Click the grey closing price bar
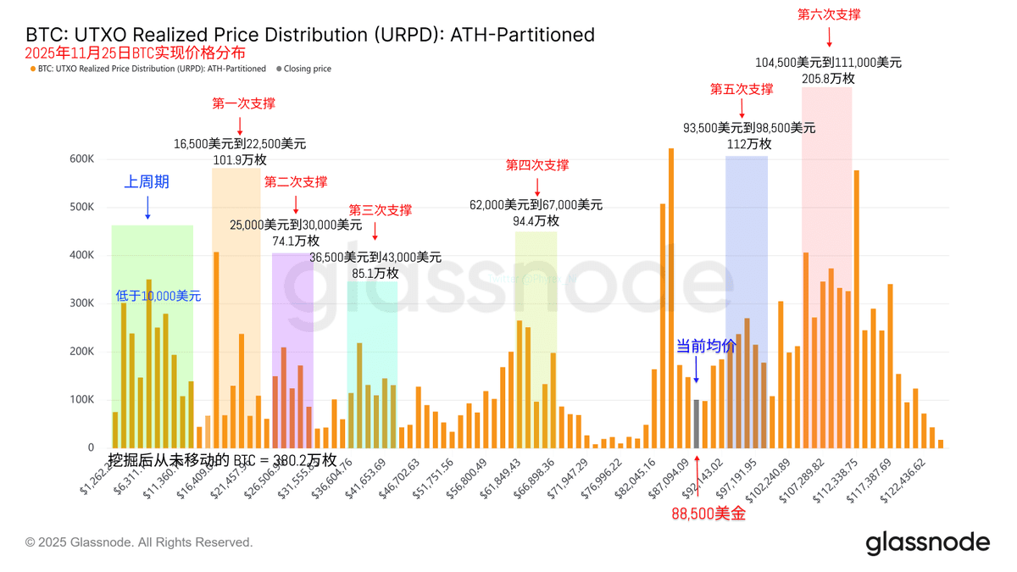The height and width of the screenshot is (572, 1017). click(697, 424)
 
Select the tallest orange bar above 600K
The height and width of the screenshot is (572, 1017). click(671, 297)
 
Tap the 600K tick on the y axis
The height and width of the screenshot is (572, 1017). click(81, 158)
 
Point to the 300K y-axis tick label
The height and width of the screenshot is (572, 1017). click(81, 303)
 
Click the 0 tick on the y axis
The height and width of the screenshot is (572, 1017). click(91, 447)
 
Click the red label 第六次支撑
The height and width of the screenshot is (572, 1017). click(829, 14)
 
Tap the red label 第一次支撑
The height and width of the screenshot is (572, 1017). click(243, 103)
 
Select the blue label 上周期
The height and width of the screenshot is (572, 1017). click(147, 181)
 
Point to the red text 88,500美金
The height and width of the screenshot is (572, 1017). click(709, 513)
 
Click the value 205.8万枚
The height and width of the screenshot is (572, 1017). click(828, 78)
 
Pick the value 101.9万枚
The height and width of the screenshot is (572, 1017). click(240, 159)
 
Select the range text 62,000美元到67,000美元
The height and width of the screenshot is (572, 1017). click(536, 204)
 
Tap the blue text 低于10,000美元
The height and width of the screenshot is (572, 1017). click(158, 296)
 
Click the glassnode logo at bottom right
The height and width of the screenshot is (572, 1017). click(927, 542)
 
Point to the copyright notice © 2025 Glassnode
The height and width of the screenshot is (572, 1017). click(139, 542)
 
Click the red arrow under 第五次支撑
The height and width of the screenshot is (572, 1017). click(742, 108)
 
